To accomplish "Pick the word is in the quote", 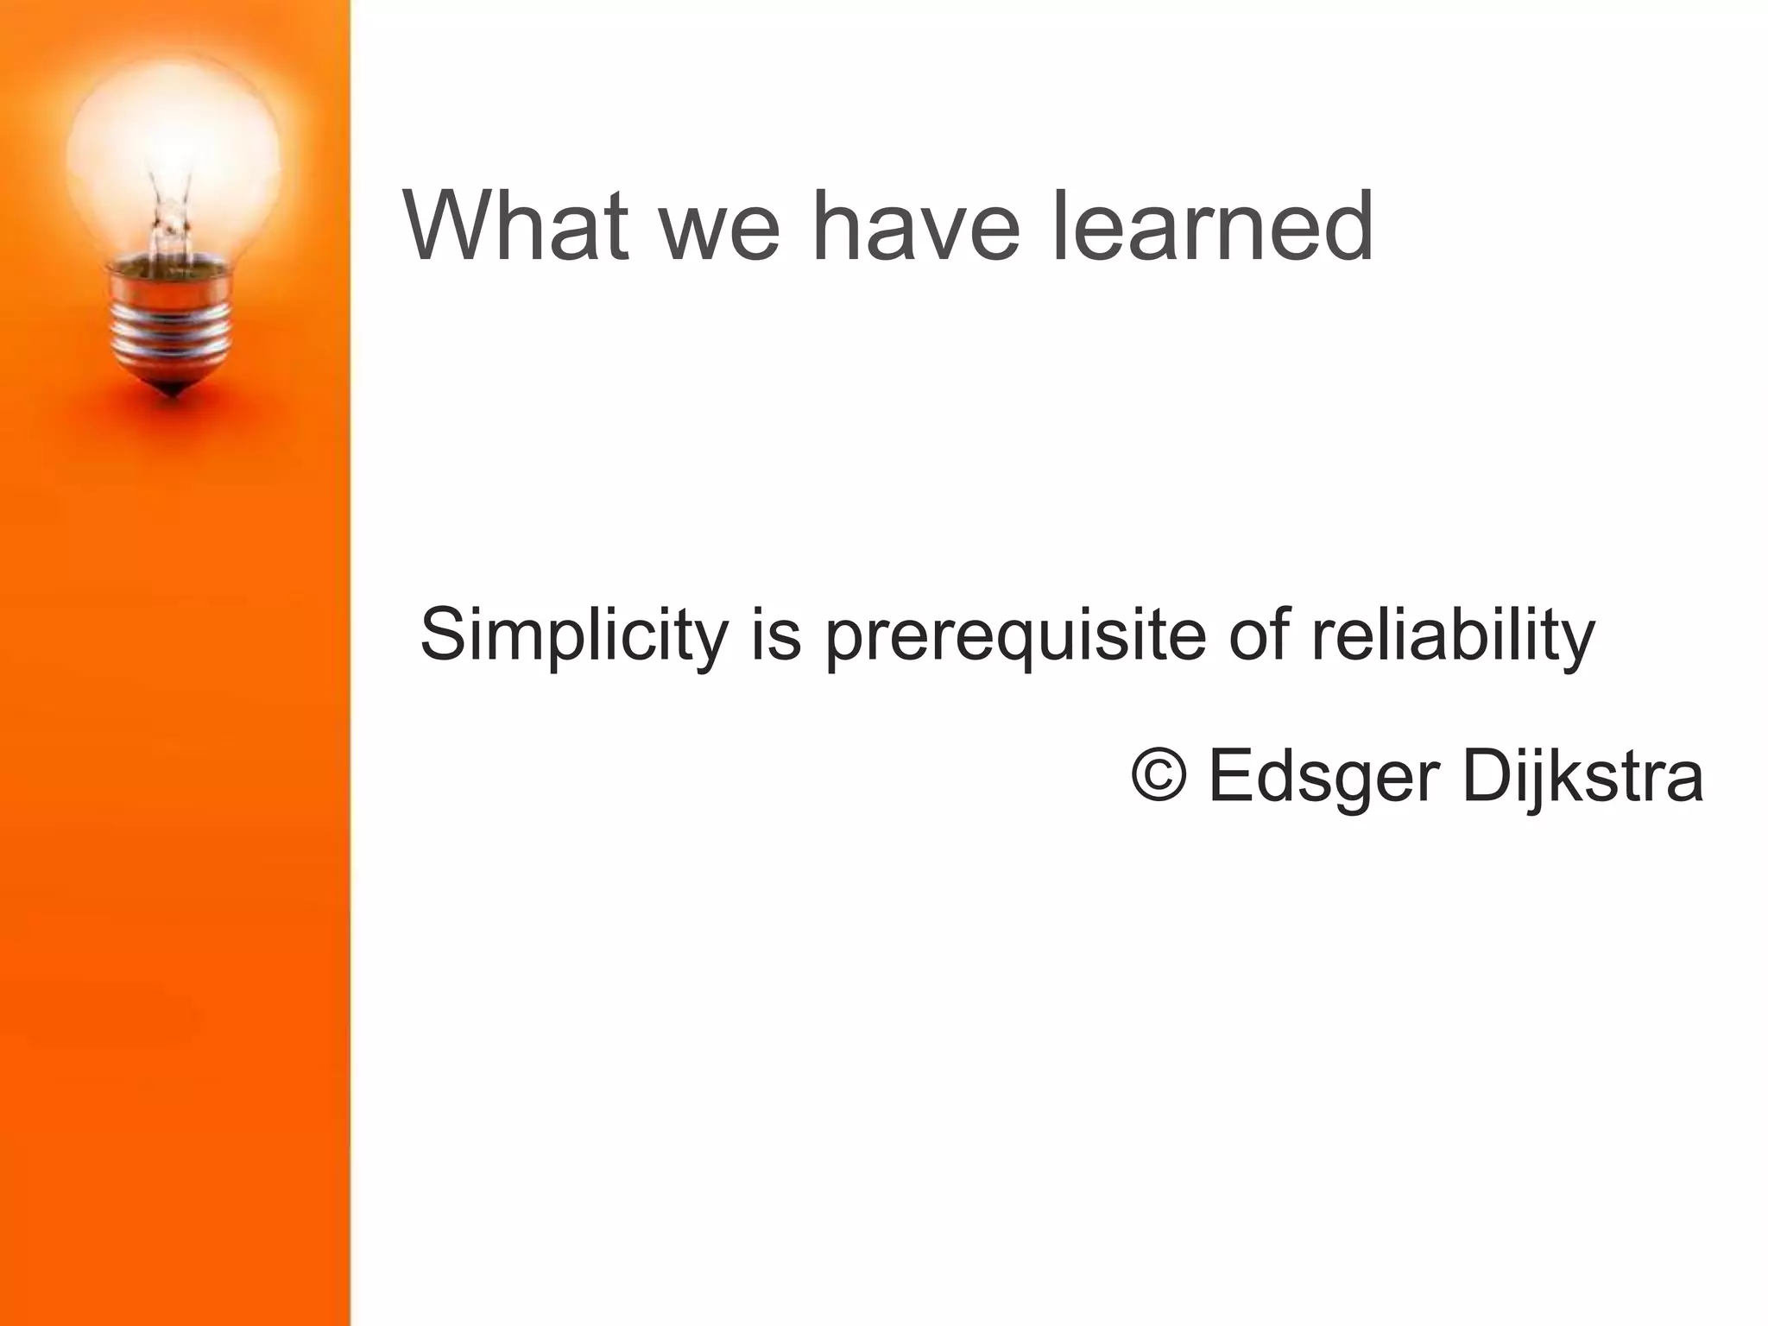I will [x=776, y=635].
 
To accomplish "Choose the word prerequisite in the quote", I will [x=1015, y=639].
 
